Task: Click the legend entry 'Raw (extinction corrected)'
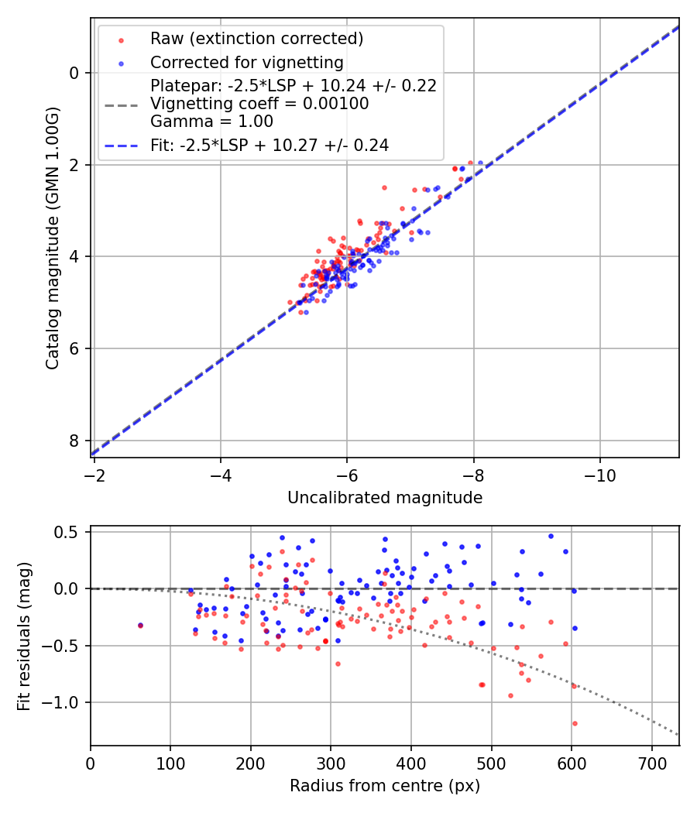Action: [256, 39]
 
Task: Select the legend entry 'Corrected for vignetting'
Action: [247, 62]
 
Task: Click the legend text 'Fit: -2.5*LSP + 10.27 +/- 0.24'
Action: [270, 145]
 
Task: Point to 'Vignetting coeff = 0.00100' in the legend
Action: [259, 103]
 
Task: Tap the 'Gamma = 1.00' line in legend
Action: [211, 121]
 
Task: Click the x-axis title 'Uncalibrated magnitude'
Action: [385, 498]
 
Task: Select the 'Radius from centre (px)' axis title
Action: [385, 786]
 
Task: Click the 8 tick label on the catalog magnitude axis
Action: [74, 441]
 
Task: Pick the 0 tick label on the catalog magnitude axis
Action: [74, 73]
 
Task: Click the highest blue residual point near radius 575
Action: [551, 536]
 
